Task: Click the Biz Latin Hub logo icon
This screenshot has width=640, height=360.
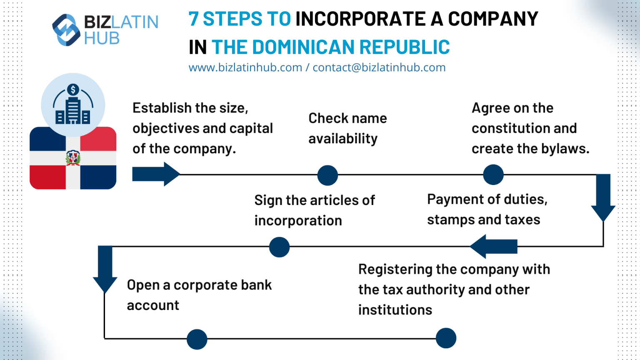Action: click(x=66, y=30)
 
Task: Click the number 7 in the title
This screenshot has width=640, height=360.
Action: click(x=193, y=19)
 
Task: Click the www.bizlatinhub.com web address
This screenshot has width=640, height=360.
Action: click(x=245, y=67)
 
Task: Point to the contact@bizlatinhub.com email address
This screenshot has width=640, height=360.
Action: click(x=379, y=67)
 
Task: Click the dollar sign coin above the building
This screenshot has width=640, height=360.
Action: click(x=73, y=90)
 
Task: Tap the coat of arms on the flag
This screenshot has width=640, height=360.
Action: click(x=73, y=158)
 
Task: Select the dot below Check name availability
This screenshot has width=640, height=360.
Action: click(x=327, y=175)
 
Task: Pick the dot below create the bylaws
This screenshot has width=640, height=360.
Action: click(x=493, y=175)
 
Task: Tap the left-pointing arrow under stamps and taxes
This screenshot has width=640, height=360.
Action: click(x=494, y=246)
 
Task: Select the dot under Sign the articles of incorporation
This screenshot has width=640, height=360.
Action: click(x=279, y=247)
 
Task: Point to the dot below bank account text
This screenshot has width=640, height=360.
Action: click(x=197, y=339)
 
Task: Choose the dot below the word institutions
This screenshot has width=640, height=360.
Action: click(x=446, y=338)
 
